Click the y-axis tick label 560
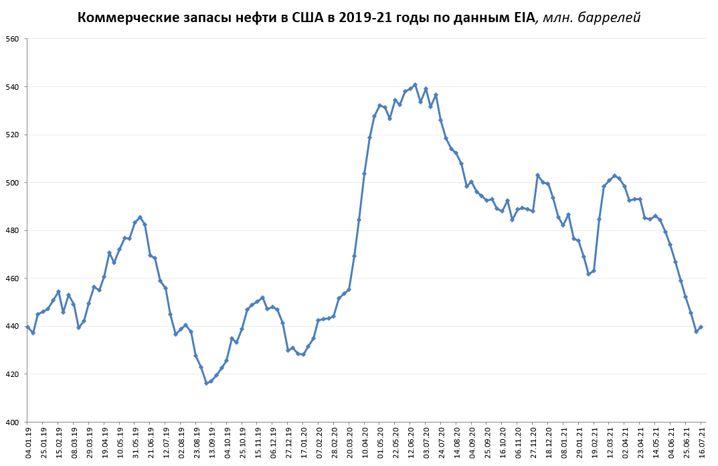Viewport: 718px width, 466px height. pos(12,39)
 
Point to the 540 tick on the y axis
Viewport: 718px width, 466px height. pos(12,87)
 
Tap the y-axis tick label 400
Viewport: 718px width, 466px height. pos(12,422)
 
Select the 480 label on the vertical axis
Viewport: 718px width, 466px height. pos(12,231)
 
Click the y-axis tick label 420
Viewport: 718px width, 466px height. pos(12,374)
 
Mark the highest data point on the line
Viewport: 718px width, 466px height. pos(415,84)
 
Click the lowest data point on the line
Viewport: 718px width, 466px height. pos(206,383)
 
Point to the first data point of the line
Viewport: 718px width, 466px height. pos(27,327)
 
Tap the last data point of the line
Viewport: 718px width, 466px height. pos(701,327)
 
